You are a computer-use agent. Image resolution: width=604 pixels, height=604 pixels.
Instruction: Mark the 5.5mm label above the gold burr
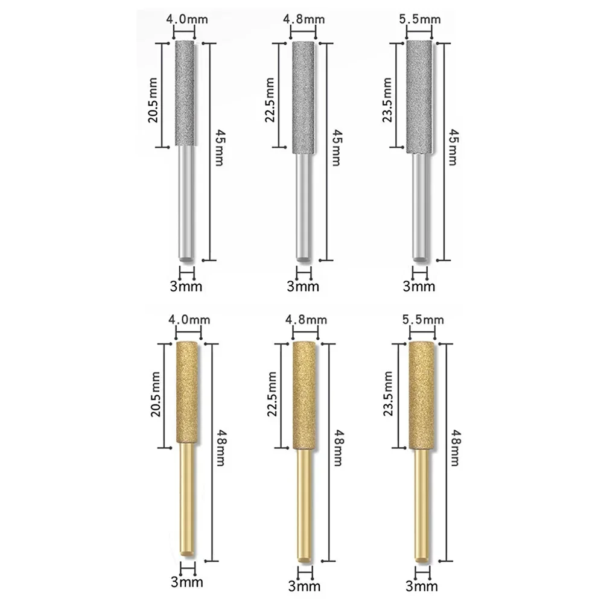point(421,320)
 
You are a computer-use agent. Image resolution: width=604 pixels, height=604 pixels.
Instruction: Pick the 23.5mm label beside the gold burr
point(388,396)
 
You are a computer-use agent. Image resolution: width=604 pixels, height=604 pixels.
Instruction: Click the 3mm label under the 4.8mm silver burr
point(304,286)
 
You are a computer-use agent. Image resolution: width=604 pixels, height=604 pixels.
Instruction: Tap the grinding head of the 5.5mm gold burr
point(421,396)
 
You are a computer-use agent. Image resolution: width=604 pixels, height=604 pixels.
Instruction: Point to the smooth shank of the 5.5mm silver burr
point(418,205)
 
